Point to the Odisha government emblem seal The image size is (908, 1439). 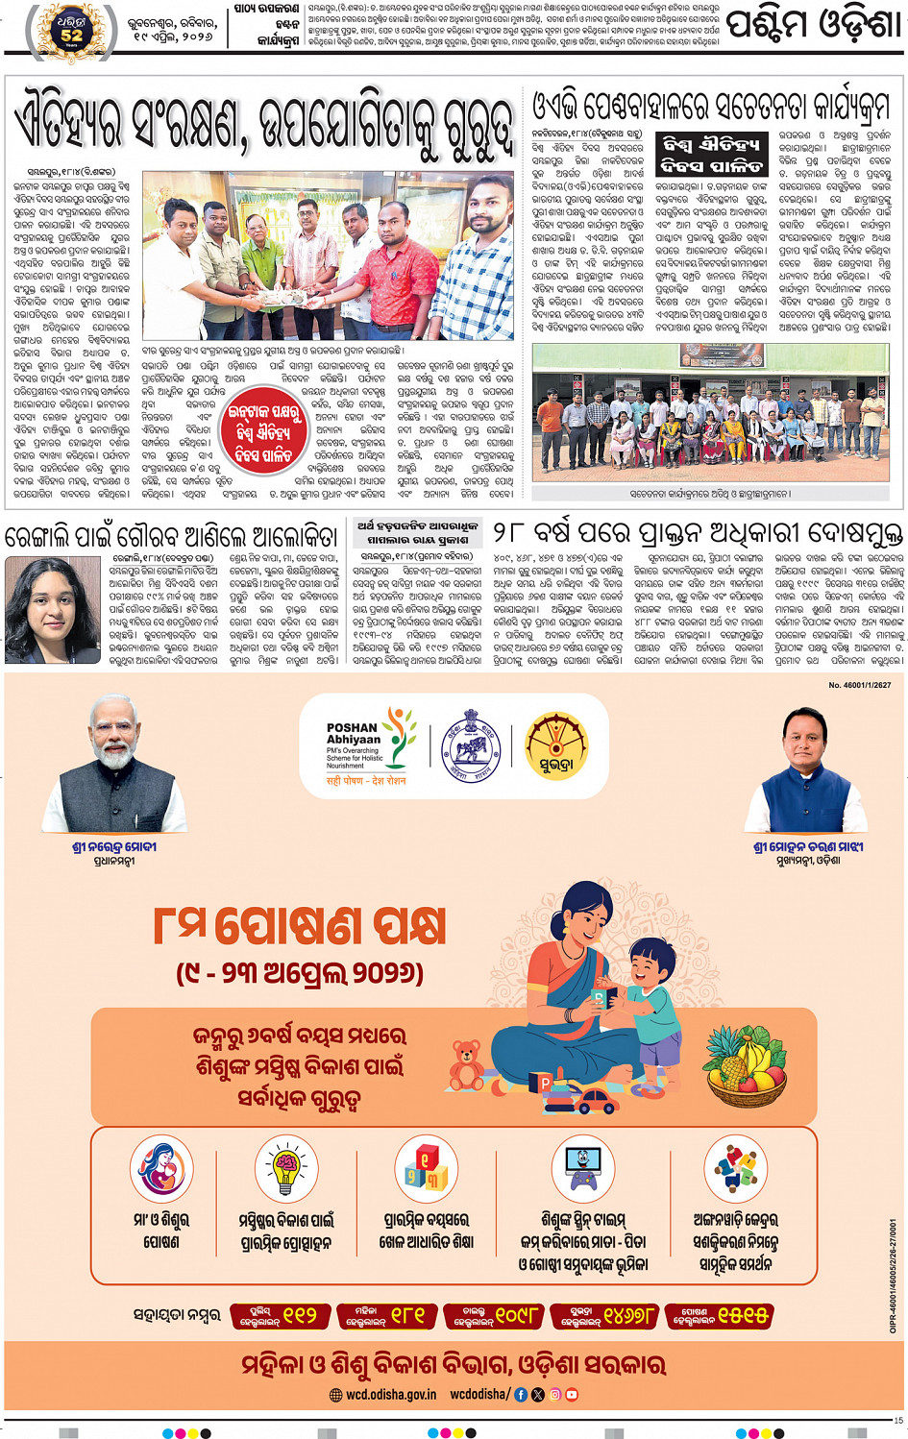471,746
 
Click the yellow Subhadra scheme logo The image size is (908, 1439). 556,745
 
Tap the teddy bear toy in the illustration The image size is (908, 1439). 468,1063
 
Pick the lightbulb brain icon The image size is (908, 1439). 286,1169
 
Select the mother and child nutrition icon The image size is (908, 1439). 161,1169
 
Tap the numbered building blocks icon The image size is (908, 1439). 426,1169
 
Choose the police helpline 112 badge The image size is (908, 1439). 279,1315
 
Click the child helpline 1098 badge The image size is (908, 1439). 494,1315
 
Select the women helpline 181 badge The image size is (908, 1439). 386,1315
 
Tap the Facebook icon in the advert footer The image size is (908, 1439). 521,1394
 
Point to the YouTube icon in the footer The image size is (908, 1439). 572,1394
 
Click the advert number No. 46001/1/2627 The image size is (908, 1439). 859,685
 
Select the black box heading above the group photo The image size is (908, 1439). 711,154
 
